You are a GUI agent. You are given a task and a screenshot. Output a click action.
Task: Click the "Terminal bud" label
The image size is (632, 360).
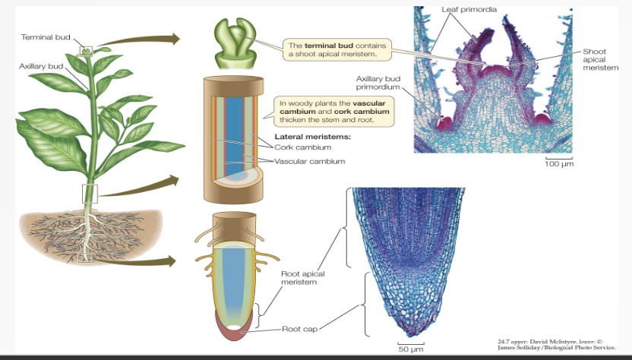point(43,36)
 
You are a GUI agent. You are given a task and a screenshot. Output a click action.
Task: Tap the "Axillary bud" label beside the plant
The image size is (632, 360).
point(41,67)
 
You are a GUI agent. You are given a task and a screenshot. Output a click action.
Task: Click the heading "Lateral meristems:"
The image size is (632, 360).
point(308,137)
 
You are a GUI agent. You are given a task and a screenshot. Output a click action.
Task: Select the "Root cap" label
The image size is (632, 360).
point(299,329)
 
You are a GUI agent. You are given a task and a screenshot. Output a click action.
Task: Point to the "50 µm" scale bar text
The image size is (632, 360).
point(411,350)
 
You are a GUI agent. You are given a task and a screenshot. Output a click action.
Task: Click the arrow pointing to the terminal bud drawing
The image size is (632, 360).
point(141,39)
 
